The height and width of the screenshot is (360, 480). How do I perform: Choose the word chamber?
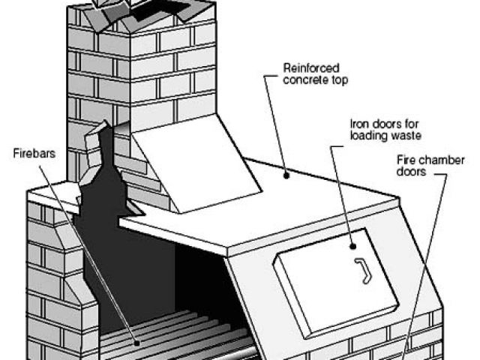(442, 160)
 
